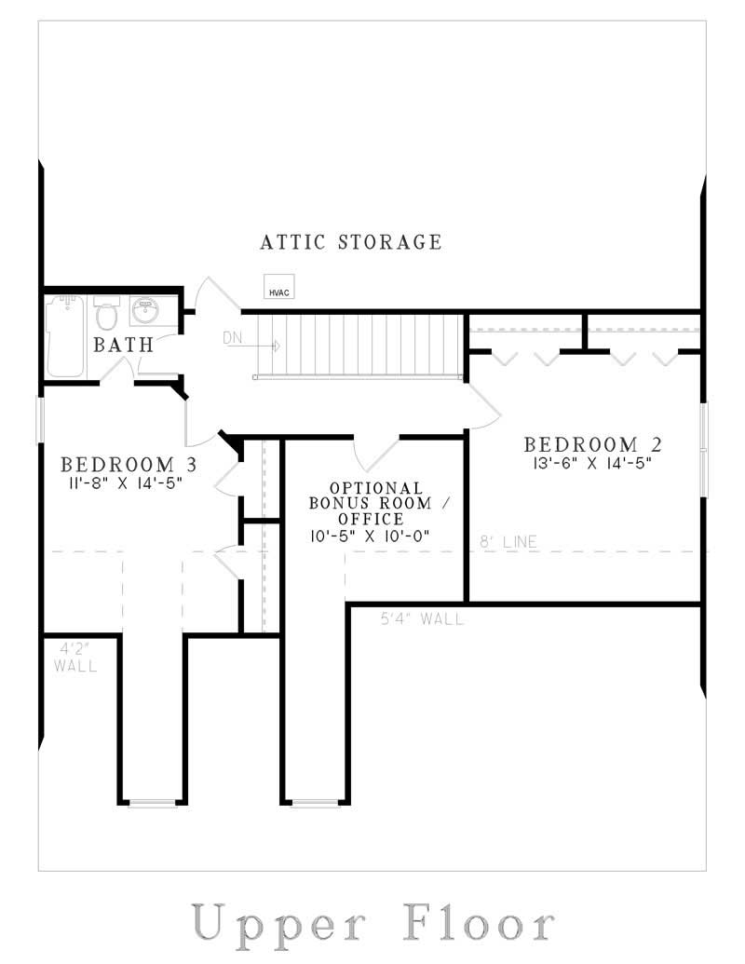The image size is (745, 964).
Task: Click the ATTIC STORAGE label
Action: (350, 242)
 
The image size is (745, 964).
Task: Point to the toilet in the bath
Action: (108, 314)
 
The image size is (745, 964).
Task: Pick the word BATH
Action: (123, 345)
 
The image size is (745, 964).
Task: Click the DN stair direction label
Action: (233, 337)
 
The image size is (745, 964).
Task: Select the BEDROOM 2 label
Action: (594, 444)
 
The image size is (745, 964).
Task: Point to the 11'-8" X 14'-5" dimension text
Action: (129, 482)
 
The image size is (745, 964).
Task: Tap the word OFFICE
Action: (377, 519)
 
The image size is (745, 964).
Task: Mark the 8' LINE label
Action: (508, 541)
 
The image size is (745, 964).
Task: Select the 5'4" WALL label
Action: (422, 618)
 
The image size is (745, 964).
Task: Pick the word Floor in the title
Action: (479, 924)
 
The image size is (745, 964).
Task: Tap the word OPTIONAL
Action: (376, 488)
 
